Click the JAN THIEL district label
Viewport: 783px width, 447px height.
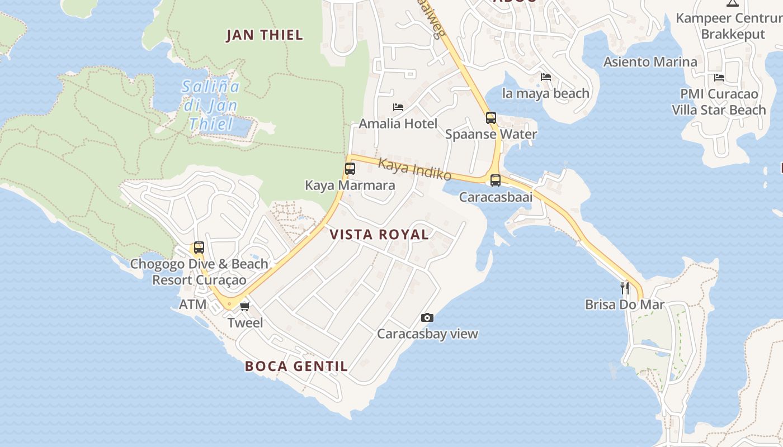pyautogui.click(x=265, y=35)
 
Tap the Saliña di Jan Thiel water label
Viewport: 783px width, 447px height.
pyautogui.click(x=210, y=105)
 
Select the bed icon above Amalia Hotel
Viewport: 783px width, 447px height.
pyautogui.click(x=398, y=107)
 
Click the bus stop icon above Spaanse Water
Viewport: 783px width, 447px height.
pyautogui.click(x=491, y=118)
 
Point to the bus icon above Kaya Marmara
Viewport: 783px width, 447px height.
pyautogui.click(x=350, y=168)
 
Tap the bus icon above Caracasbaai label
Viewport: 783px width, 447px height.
pyautogui.click(x=496, y=180)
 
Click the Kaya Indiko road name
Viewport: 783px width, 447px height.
pyautogui.click(x=414, y=169)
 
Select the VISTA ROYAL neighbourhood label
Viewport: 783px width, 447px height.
pyautogui.click(x=379, y=235)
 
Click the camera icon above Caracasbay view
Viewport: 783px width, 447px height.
pyautogui.click(x=427, y=318)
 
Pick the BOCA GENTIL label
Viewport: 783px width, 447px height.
pyautogui.click(x=296, y=367)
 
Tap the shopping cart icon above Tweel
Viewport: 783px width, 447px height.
pyautogui.click(x=244, y=306)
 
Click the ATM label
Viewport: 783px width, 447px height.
pyautogui.click(x=192, y=305)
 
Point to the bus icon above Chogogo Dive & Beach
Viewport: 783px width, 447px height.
pyautogui.click(x=199, y=248)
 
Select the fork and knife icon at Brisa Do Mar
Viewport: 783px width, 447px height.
pyautogui.click(x=625, y=288)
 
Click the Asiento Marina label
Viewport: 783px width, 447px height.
pyautogui.click(x=650, y=62)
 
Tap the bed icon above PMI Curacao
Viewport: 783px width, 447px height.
pyautogui.click(x=719, y=78)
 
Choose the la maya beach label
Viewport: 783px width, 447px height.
pyautogui.click(x=546, y=93)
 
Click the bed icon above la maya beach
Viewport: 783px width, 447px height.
pyautogui.click(x=546, y=77)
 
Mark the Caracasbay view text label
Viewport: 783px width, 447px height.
pyautogui.click(x=427, y=334)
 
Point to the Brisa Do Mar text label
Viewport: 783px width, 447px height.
pyautogui.click(x=625, y=305)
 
